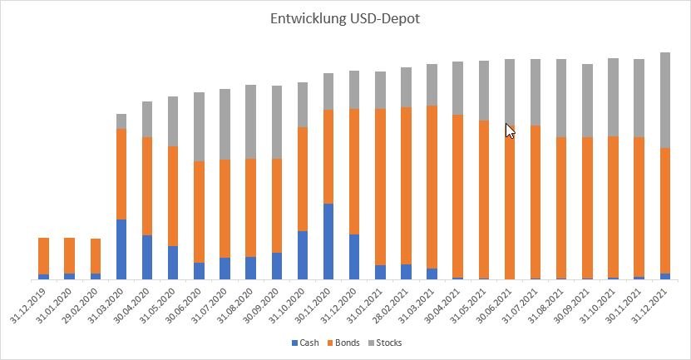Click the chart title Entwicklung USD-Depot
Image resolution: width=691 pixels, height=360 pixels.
click(x=345, y=18)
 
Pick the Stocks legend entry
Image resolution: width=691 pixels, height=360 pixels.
click(x=387, y=343)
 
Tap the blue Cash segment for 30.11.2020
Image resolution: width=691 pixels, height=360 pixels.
click(x=328, y=241)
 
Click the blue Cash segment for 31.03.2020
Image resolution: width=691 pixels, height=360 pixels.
click(x=121, y=249)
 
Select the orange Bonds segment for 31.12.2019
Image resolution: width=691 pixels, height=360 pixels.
click(x=43, y=256)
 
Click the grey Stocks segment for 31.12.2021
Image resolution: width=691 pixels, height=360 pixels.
click(x=665, y=100)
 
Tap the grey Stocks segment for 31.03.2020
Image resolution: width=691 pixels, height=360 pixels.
click(x=121, y=121)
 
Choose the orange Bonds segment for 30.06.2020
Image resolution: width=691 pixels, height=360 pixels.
click(x=199, y=212)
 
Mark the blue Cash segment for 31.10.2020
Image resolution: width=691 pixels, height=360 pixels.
click(x=303, y=255)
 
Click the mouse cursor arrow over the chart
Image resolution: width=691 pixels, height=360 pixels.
click(x=510, y=130)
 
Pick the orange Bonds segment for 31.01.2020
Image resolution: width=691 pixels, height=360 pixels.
click(x=69, y=255)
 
